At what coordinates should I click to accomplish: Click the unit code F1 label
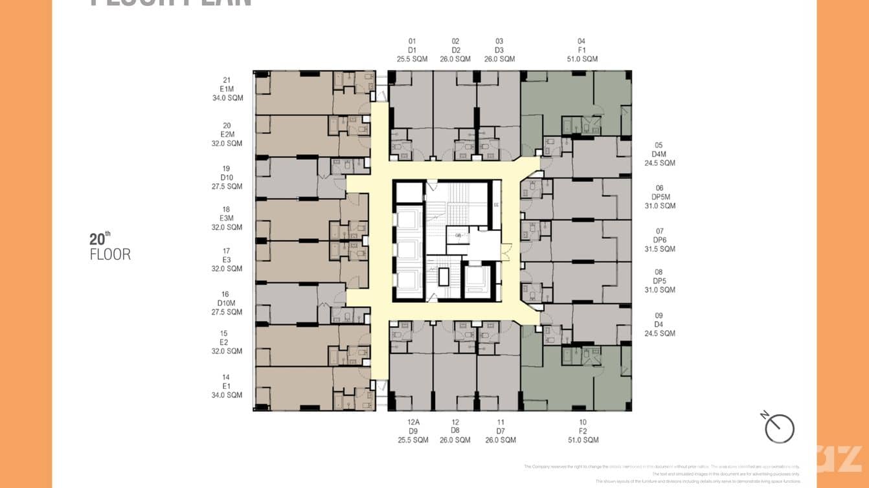(x=581, y=50)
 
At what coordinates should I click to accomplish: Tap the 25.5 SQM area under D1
(x=412, y=59)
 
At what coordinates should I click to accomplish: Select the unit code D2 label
(x=456, y=50)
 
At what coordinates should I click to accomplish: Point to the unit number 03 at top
(x=499, y=41)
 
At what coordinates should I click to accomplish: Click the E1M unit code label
(x=227, y=89)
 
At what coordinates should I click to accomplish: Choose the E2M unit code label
(x=227, y=135)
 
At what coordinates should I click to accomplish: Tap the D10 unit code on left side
(x=227, y=177)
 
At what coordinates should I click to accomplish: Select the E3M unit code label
(x=227, y=219)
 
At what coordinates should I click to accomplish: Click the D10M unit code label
(x=227, y=303)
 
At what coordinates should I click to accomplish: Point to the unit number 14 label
(x=225, y=377)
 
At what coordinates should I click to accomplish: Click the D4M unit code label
(x=659, y=154)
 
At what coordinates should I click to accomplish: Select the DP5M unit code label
(x=660, y=197)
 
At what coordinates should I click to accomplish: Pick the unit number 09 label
(x=659, y=316)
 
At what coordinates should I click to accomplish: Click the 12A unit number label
(x=412, y=422)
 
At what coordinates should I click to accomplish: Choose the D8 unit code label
(x=456, y=431)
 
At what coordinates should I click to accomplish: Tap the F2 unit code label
(x=582, y=431)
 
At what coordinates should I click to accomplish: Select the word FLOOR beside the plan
(x=110, y=255)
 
